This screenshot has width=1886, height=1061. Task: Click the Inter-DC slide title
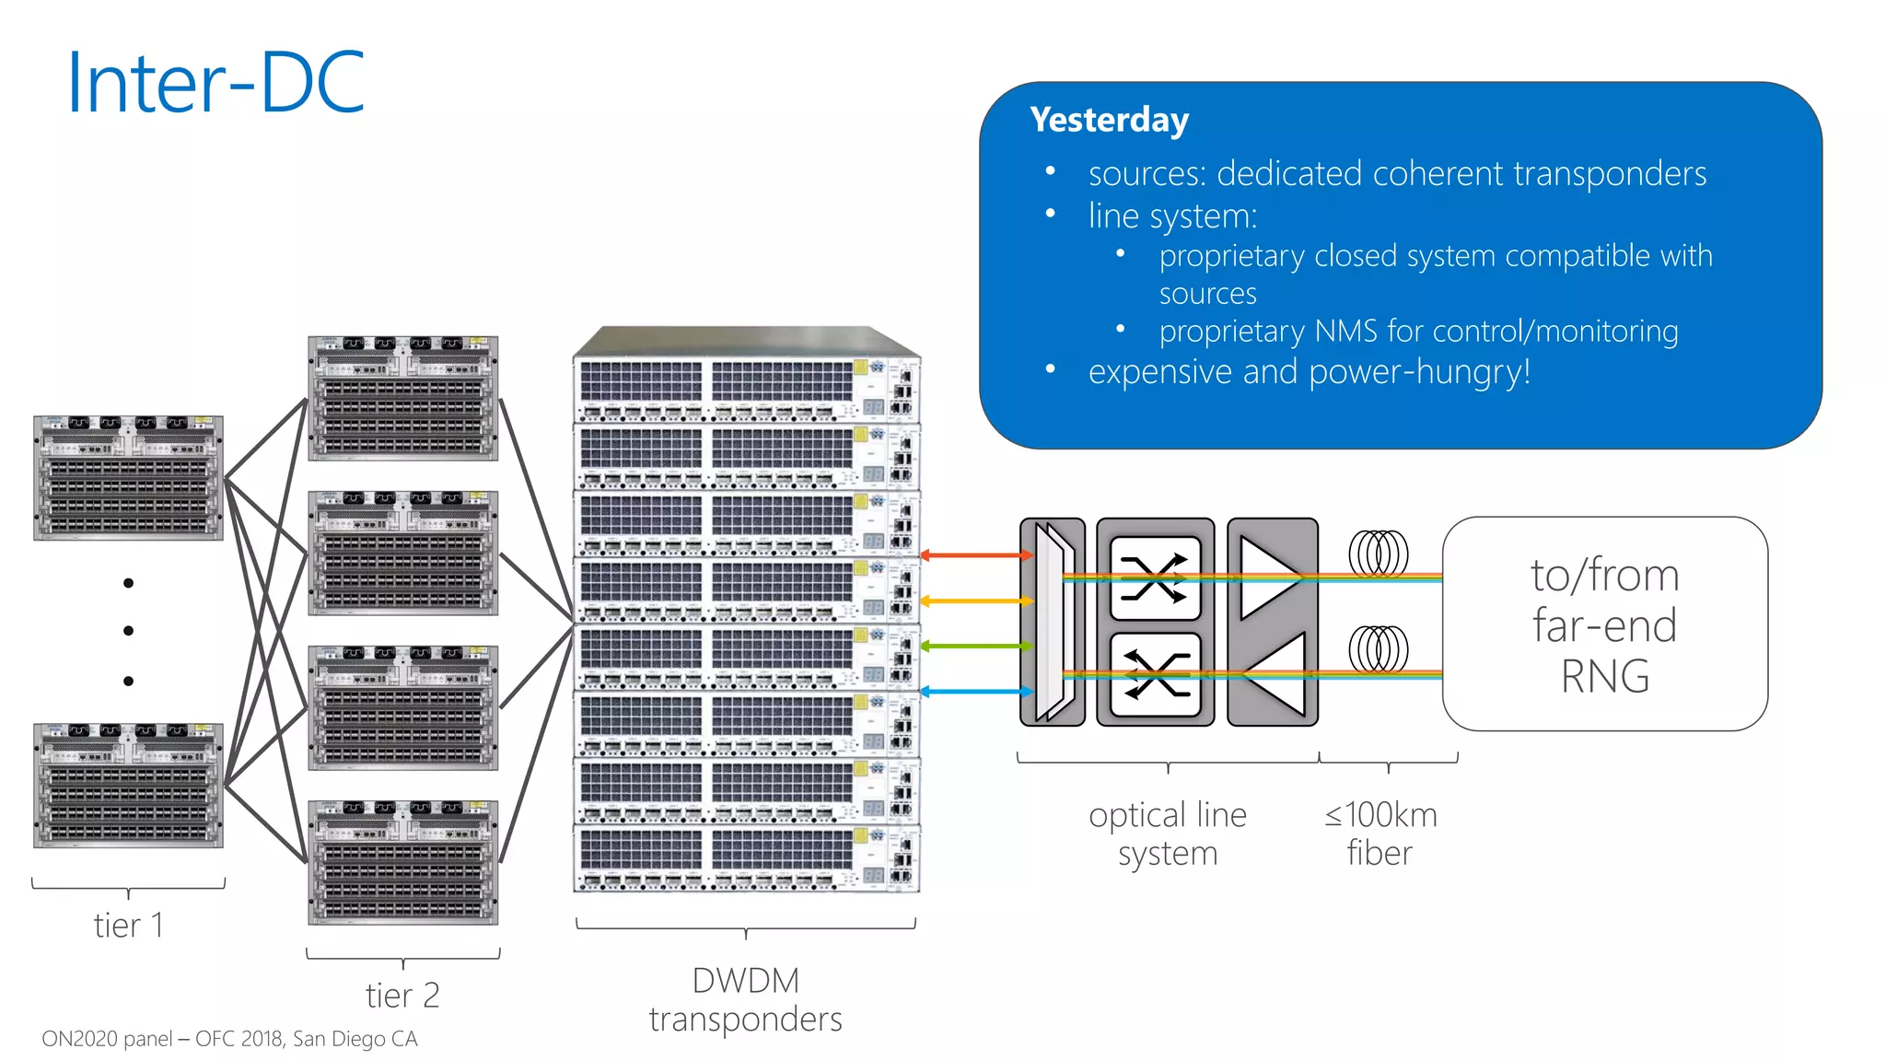(216, 83)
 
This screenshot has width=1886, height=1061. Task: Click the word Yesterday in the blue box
(1109, 120)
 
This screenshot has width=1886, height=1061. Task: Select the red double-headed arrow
(976, 555)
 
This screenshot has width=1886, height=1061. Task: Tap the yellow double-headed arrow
(976, 600)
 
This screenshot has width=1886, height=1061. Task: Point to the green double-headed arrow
(976, 646)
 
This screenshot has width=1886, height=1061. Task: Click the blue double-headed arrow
(976, 691)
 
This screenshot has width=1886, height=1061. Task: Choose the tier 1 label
(128, 925)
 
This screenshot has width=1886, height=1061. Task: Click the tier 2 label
(402, 995)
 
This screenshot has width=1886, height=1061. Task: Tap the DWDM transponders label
(745, 999)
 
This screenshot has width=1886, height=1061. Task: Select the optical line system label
(1168, 834)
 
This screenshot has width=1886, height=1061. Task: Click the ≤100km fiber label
(1380, 834)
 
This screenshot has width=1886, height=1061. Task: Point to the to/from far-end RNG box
(1604, 624)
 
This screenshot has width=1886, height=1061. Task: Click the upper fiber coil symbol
(1378, 554)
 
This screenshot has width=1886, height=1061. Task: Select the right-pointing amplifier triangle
(1269, 577)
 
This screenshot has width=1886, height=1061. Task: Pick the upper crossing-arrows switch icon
(1155, 578)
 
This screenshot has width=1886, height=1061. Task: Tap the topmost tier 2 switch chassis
(402, 398)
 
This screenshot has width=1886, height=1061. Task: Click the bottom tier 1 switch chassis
(128, 785)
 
